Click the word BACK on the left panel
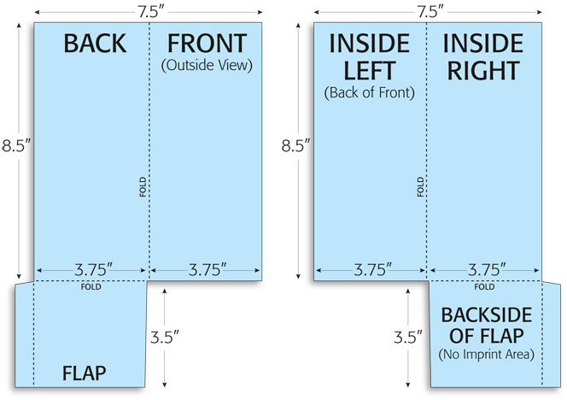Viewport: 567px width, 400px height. [95, 44]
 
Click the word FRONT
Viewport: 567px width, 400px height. [207, 44]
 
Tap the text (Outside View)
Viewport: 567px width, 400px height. [207, 66]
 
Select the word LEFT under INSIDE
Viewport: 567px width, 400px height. [369, 71]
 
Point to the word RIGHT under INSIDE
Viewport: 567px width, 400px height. [483, 71]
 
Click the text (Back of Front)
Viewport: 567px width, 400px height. [369, 92]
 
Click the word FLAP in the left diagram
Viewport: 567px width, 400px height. [85, 374]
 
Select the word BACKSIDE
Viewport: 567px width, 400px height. [487, 315]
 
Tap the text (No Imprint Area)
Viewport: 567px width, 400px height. [487, 354]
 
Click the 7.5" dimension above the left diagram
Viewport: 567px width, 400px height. [151, 12]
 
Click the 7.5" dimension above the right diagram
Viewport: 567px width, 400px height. [430, 12]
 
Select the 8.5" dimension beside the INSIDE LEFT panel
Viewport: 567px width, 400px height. [295, 145]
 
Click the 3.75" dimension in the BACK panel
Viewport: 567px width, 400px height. [93, 270]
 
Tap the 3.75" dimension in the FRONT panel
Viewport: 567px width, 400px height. [208, 270]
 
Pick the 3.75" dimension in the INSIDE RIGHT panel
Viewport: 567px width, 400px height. [487, 270]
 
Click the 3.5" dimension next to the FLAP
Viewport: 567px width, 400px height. [165, 338]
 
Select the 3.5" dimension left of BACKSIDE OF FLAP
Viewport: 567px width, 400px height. [408, 338]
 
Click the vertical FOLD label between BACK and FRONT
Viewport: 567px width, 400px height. [143, 187]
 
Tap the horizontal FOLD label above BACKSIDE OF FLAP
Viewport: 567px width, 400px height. [484, 287]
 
